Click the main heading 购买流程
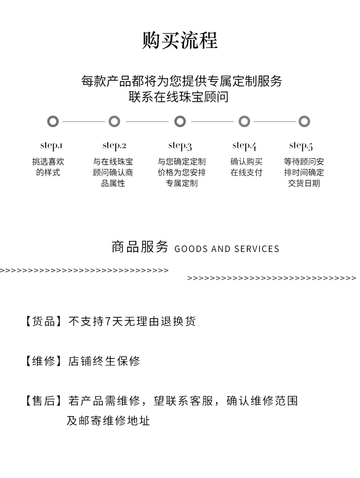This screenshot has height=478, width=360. [x=180, y=40]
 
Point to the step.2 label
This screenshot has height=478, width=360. [x=114, y=145]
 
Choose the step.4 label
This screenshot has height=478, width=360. [x=244, y=146]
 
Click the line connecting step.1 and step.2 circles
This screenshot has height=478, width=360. [x=84, y=121]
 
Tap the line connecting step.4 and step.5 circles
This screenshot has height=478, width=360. [x=275, y=121]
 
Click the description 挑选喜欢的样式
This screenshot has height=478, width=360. [x=48, y=167]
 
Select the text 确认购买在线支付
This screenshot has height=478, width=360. [x=246, y=167]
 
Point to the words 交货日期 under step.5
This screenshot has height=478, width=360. [x=304, y=183]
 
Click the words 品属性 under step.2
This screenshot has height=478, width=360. [x=113, y=183]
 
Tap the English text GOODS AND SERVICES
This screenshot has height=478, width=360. [x=227, y=249]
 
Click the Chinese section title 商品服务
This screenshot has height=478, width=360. [x=140, y=247]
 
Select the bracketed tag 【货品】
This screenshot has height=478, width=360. [x=43, y=322]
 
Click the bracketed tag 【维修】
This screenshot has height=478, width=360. [x=43, y=361]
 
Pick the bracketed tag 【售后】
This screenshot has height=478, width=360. [x=43, y=401]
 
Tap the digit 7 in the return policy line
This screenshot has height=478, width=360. [x=108, y=322]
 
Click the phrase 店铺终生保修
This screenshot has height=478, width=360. [x=104, y=361]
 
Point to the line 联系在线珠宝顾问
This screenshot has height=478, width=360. [x=179, y=97]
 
